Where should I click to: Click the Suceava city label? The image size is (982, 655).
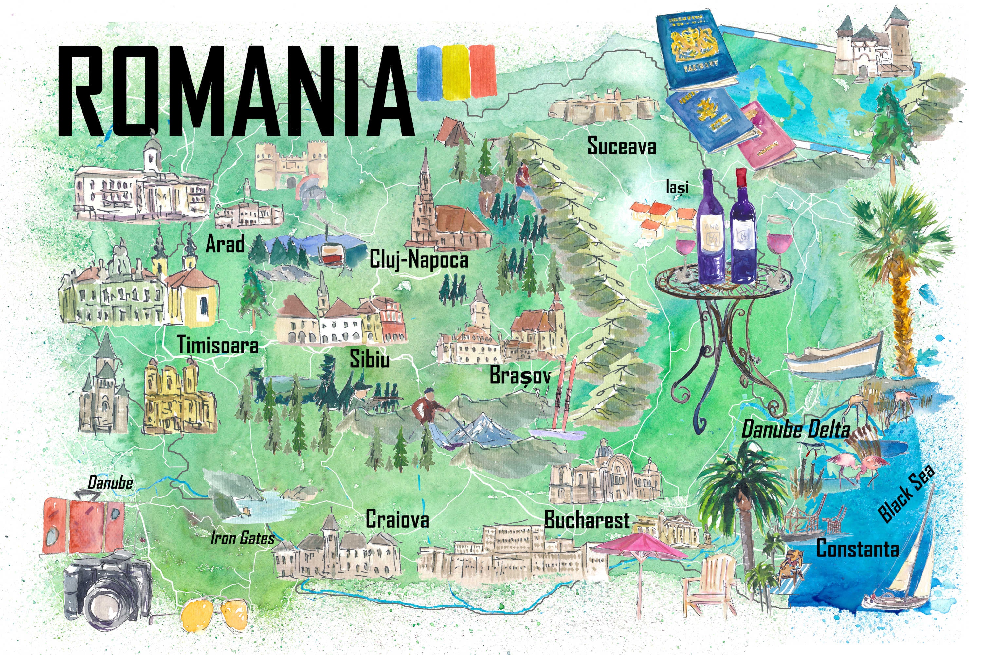pos(621,146)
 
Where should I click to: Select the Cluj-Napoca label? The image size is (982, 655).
pos(419,259)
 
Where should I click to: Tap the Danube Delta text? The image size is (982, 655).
pos(795,429)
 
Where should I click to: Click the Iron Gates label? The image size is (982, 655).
pos(242,538)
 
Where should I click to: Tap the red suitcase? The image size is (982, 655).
pos(83,526)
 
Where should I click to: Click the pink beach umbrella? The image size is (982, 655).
pos(639,547)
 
